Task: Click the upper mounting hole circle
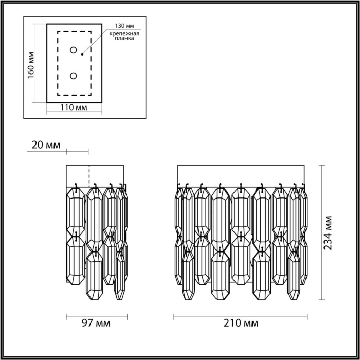74,50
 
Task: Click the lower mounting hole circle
74,76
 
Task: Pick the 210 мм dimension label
241,323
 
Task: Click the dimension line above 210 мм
241,315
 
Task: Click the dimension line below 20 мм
77,152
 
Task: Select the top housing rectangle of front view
241,175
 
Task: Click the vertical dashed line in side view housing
90,175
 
